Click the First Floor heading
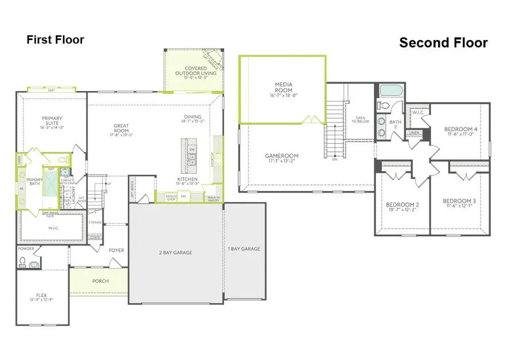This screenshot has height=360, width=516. click(55, 40)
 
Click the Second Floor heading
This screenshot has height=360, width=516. click(443, 42)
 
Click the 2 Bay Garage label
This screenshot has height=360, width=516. click(175, 252)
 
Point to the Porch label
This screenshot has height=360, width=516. click(101, 281)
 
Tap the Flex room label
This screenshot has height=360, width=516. click(41, 298)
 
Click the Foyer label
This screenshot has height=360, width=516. click(116, 251)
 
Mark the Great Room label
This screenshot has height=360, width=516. click(121, 129)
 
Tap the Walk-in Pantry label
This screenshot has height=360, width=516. click(213, 198)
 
